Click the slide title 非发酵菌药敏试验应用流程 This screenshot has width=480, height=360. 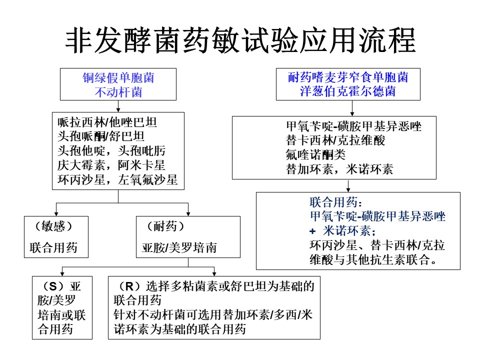coord(240,40)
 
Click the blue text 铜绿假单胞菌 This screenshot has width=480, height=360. coord(118,78)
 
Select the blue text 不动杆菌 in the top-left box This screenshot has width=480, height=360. coord(118,92)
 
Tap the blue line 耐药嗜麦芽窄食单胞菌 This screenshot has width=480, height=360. coord(348,77)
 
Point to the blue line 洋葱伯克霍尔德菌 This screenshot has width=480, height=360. coord(348,91)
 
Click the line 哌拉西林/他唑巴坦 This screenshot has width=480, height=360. coord(107,122)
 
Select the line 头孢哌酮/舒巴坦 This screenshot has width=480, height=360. coord(101,136)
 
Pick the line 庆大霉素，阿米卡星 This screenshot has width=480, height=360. coord(111,165)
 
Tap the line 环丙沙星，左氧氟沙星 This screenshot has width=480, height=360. coord(117,179)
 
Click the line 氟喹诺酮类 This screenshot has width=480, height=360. coord(315,154)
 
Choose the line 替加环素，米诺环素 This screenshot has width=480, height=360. coord(339,169)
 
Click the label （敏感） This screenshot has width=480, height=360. coord(53,226)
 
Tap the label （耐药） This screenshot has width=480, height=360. coord(165,226)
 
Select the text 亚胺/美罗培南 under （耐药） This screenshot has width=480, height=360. coord(179,247)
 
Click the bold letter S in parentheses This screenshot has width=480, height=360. coord(53,286)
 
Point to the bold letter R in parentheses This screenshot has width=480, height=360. coord(129,286)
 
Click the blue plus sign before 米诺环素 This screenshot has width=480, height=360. coord(312,231)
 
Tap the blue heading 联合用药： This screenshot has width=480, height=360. coord(336,202)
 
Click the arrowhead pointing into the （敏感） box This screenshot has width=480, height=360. coord(56,214)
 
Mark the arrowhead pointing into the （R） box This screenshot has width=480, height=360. coord(214,274)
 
